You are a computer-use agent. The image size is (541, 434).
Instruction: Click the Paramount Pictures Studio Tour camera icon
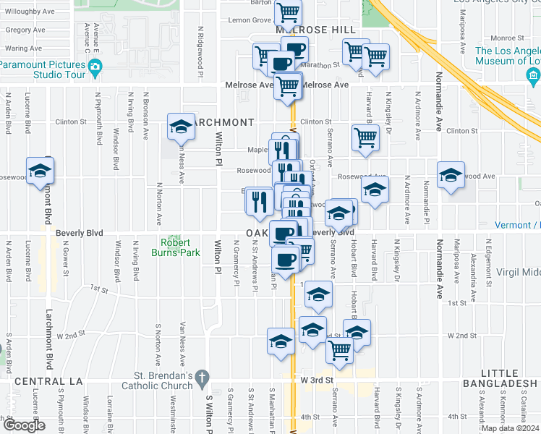(95, 69)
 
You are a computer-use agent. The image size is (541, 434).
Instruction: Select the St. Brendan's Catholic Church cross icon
(203, 377)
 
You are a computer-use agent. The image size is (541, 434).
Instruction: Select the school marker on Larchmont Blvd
(41, 171)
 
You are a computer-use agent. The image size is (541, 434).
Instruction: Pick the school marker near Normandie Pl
(451, 175)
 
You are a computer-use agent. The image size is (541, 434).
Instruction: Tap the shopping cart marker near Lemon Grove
(288, 12)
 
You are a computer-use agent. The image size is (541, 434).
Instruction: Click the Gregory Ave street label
(25, 30)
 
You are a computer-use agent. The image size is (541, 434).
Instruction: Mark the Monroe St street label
(501, 38)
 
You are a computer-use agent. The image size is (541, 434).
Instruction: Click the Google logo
(23, 425)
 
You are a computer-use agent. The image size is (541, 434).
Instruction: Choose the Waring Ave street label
(23, 48)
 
